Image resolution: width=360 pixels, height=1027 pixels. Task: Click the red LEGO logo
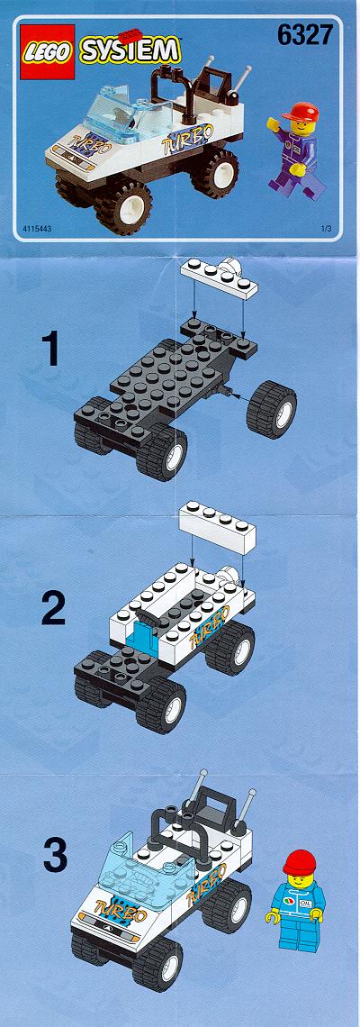(x=47, y=51)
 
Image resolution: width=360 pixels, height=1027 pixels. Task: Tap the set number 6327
(x=304, y=35)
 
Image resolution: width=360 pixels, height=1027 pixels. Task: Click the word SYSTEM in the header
(x=129, y=50)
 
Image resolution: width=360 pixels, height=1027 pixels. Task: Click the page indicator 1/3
(x=327, y=229)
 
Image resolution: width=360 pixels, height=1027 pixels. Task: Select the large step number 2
(x=53, y=608)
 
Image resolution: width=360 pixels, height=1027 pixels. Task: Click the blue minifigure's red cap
(x=299, y=861)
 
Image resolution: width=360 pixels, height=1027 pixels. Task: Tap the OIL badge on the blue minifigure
(x=305, y=901)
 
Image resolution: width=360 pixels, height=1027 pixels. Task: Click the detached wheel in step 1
(x=271, y=409)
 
